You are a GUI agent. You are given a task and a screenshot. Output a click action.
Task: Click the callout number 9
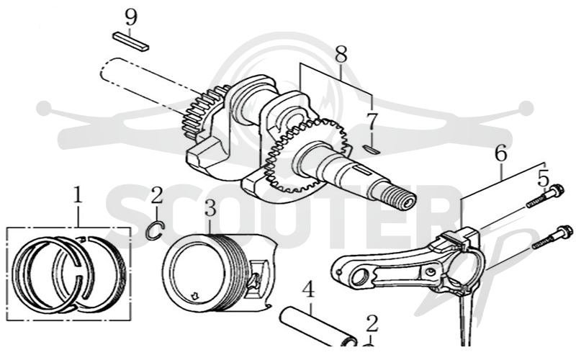point(131,17)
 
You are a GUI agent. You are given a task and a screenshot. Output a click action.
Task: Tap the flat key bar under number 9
point(130,42)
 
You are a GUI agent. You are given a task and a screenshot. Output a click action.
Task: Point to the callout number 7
point(372,122)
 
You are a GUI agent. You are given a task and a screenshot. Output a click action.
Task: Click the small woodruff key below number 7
point(372,149)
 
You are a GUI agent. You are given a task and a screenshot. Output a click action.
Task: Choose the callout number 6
point(500,153)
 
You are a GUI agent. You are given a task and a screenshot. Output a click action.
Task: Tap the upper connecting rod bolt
point(545,197)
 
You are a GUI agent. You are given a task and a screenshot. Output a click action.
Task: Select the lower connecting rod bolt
point(553,238)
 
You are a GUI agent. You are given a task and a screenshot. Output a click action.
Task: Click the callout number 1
point(77,195)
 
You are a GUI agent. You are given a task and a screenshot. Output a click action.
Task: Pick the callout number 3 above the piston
point(210,208)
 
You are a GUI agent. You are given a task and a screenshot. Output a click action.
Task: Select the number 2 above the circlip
point(157,195)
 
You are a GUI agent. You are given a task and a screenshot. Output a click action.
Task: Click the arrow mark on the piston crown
point(194,295)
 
